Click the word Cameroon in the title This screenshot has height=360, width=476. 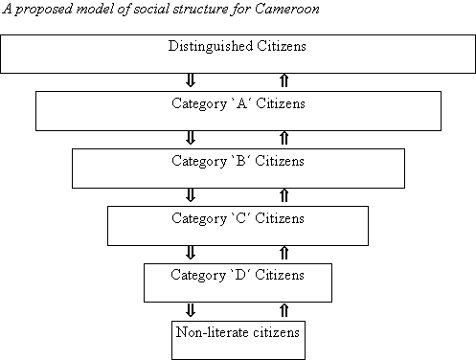(287, 9)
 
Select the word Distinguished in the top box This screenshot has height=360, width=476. (211, 47)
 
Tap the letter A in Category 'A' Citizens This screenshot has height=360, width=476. (242, 103)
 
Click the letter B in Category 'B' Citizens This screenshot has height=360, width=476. (241, 161)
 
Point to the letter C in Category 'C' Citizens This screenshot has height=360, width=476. (241, 218)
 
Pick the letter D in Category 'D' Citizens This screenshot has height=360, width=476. (240, 275)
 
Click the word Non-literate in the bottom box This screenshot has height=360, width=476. (212, 332)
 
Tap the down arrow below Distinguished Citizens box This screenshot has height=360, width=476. (191, 80)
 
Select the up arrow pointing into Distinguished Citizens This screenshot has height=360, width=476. (284, 80)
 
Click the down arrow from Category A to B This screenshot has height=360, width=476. (191, 138)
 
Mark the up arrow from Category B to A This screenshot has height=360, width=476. (284, 138)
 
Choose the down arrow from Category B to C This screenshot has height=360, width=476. (191, 195)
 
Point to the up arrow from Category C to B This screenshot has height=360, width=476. (284, 195)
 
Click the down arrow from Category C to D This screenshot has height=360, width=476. (191, 253)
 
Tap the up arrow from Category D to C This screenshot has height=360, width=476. (284, 253)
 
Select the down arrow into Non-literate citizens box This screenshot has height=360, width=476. (191, 310)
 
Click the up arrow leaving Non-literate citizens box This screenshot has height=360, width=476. (284, 310)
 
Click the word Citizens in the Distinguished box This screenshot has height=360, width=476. (282, 46)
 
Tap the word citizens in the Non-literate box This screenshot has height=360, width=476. (276, 332)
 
